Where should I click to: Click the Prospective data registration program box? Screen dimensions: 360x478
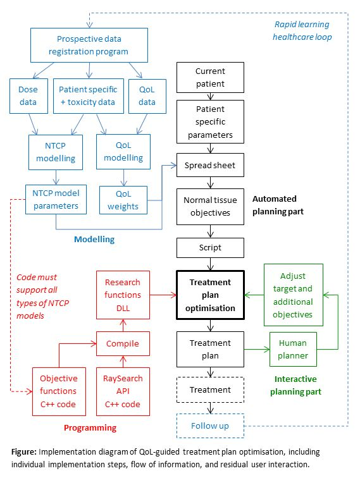click(x=89, y=45)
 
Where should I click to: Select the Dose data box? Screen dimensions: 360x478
click(x=28, y=96)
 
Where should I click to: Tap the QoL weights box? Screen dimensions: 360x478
click(x=123, y=200)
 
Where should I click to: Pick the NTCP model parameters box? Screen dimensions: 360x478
click(x=56, y=199)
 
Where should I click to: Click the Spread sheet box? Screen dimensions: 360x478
click(x=210, y=165)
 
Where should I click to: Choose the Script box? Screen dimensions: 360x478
click(x=210, y=248)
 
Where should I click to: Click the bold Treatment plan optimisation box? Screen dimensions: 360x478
click(x=210, y=295)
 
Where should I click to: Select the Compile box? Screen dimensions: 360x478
click(x=123, y=343)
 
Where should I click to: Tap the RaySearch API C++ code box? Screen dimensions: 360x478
click(x=123, y=391)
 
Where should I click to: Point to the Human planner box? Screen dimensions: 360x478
click(x=293, y=349)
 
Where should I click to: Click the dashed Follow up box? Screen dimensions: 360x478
click(x=210, y=426)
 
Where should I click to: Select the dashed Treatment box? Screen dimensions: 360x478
click(x=210, y=389)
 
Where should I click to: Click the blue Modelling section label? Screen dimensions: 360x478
click(x=94, y=239)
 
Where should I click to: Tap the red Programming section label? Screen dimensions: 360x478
click(x=90, y=427)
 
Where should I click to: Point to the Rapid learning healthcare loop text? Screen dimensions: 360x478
click(x=302, y=30)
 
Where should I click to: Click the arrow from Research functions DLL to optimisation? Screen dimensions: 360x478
click(x=163, y=295)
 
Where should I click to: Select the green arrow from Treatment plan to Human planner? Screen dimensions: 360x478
click(x=257, y=350)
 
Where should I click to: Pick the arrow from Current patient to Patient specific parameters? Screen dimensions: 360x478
click(x=210, y=96)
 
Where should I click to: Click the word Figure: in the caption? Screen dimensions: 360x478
click(x=24, y=452)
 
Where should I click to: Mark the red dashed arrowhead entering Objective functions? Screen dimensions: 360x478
click(x=30, y=391)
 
